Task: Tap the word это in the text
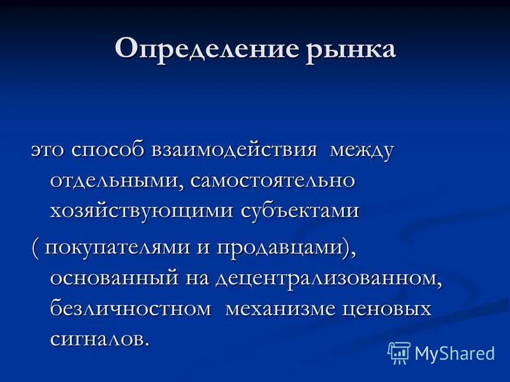pyautogui.click(x=48, y=151)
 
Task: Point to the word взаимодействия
pyautogui.click(x=235, y=151)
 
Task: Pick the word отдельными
pyautogui.click(x=118, y=180)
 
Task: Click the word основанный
pyautogui.click(x=115, y=278)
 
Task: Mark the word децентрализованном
pyautogui.click(x=328, y=278)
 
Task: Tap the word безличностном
pyautogui.click(x=130, y=308)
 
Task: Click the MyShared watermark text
pyautogui.click(x=455, y=353)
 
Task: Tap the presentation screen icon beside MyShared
pyautogui.click(x=399, y=352)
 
